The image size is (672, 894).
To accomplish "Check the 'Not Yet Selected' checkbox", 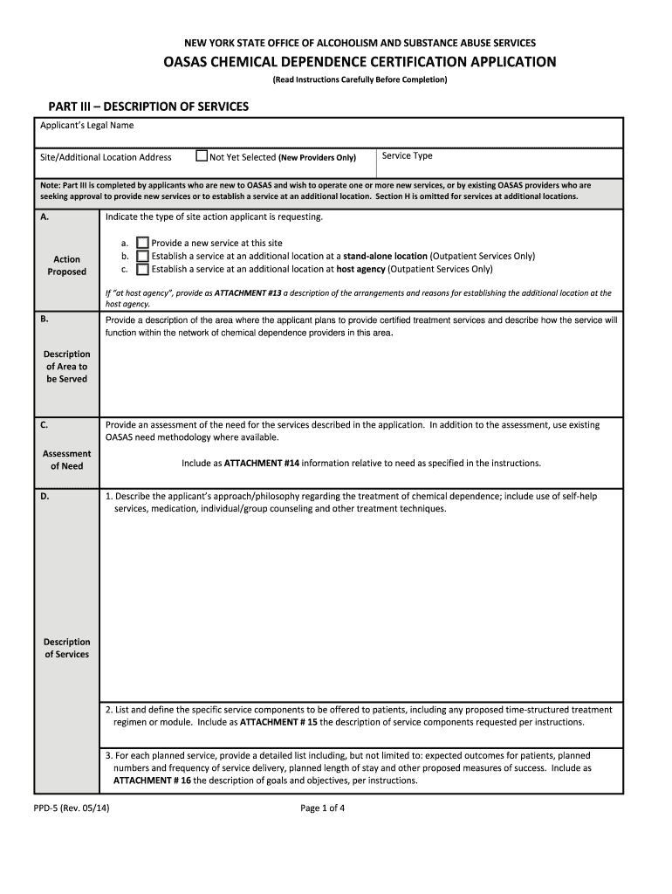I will tap(202, 157).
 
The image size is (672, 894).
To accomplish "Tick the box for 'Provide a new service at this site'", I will tap(143, 244).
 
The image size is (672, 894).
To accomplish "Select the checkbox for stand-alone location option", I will tap(143, 257).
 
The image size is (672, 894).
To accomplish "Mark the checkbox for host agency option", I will tap(143, 270).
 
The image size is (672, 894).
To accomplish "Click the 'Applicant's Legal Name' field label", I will tap(86, 126).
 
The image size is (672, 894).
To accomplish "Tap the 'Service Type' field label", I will tap(408, 156).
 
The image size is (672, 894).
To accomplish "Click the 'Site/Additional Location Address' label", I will tap(106, 158).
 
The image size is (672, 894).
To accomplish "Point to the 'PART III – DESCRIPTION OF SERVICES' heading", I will tap(148, 107).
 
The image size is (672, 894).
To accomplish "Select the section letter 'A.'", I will tap(45, 217).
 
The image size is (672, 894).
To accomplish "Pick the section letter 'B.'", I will tap(45, 320).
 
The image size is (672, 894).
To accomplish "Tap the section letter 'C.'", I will tap(45, 424).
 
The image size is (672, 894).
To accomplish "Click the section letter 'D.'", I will tap(45, 496).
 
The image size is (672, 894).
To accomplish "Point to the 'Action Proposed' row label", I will tap(66, 265).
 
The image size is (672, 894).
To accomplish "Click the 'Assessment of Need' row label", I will tap(66, 460).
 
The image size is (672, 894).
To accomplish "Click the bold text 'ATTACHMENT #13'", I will tap(249, 293).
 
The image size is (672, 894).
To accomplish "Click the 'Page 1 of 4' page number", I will tap(323, 808).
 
